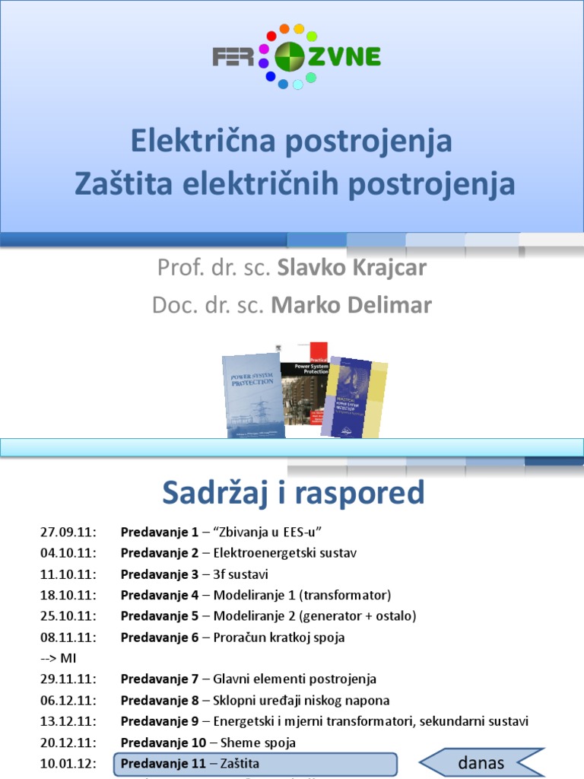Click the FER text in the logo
233,58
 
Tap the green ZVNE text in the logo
348,57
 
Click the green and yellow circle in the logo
289,57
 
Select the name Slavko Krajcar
352,268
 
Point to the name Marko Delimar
351,305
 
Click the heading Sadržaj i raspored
293,494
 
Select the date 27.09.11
66,532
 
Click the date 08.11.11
66,638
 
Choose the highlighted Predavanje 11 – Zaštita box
255,764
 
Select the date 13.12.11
66,720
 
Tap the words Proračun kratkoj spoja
279,638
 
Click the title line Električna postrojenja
291,141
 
